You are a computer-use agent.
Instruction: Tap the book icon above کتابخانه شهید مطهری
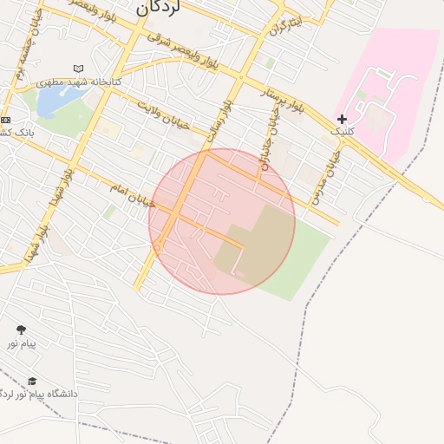pyautogui.click(x=79, y=69)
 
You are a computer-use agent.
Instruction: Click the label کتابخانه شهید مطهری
pyautogui.click(x=80, y=82)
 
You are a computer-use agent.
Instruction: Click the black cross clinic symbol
pyautogui.click(x=343, y=119)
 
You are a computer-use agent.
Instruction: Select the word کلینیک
pyautogui.click(x=343, y=132)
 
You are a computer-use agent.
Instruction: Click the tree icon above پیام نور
pyautogui.click(x=21, y=330)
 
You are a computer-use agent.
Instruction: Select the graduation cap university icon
pyautogui.click(x=32, y=381)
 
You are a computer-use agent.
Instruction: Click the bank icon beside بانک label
pyautogui.click(x=6, y=120)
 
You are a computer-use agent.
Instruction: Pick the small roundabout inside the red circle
pyautogui.click(x=157, y=248)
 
